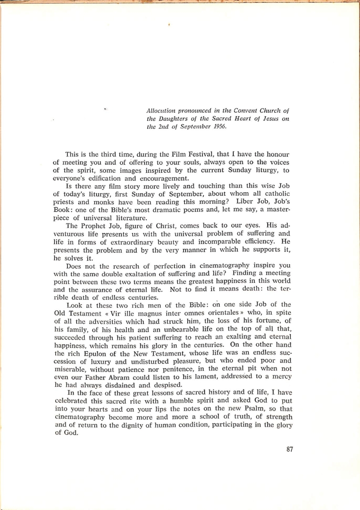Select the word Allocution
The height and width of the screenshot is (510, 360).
pos(162,110)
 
